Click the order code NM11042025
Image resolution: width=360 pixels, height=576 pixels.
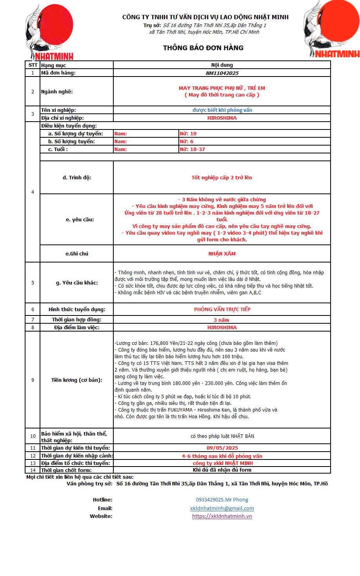click(x=222, y=73)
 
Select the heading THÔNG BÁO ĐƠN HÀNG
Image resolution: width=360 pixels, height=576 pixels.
click(x=203, y=48)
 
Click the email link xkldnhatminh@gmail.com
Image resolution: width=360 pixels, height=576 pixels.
click(x=222, y=508)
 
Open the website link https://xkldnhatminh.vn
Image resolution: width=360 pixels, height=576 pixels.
click(x=222, y=516)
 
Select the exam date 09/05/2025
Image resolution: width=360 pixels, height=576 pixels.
click(x=222, y=448)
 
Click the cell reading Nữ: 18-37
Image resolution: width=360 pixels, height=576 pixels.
click(x=192, y=149)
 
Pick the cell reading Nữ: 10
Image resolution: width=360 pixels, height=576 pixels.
click(x=188, y=133)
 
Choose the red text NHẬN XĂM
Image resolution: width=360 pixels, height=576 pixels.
click(x=222, y=253)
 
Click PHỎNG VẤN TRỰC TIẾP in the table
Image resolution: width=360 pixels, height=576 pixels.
click(x=222, y=309)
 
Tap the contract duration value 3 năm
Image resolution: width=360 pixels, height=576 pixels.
click(x=222, y=320)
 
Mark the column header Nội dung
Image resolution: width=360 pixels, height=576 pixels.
click(x=222, y=65)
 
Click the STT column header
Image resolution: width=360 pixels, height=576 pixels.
click(x=33, y=65)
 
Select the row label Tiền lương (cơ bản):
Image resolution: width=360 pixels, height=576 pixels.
click(x=76, y=380)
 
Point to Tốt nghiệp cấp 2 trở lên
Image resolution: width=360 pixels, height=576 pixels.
click(x=222, y=177)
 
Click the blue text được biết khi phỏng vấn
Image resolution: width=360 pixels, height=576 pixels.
click(x=222, y=110)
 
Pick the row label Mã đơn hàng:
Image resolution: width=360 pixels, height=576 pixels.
click(x=58, y=73)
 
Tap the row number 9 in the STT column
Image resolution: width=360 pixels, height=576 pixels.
click(x=33, y=380)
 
